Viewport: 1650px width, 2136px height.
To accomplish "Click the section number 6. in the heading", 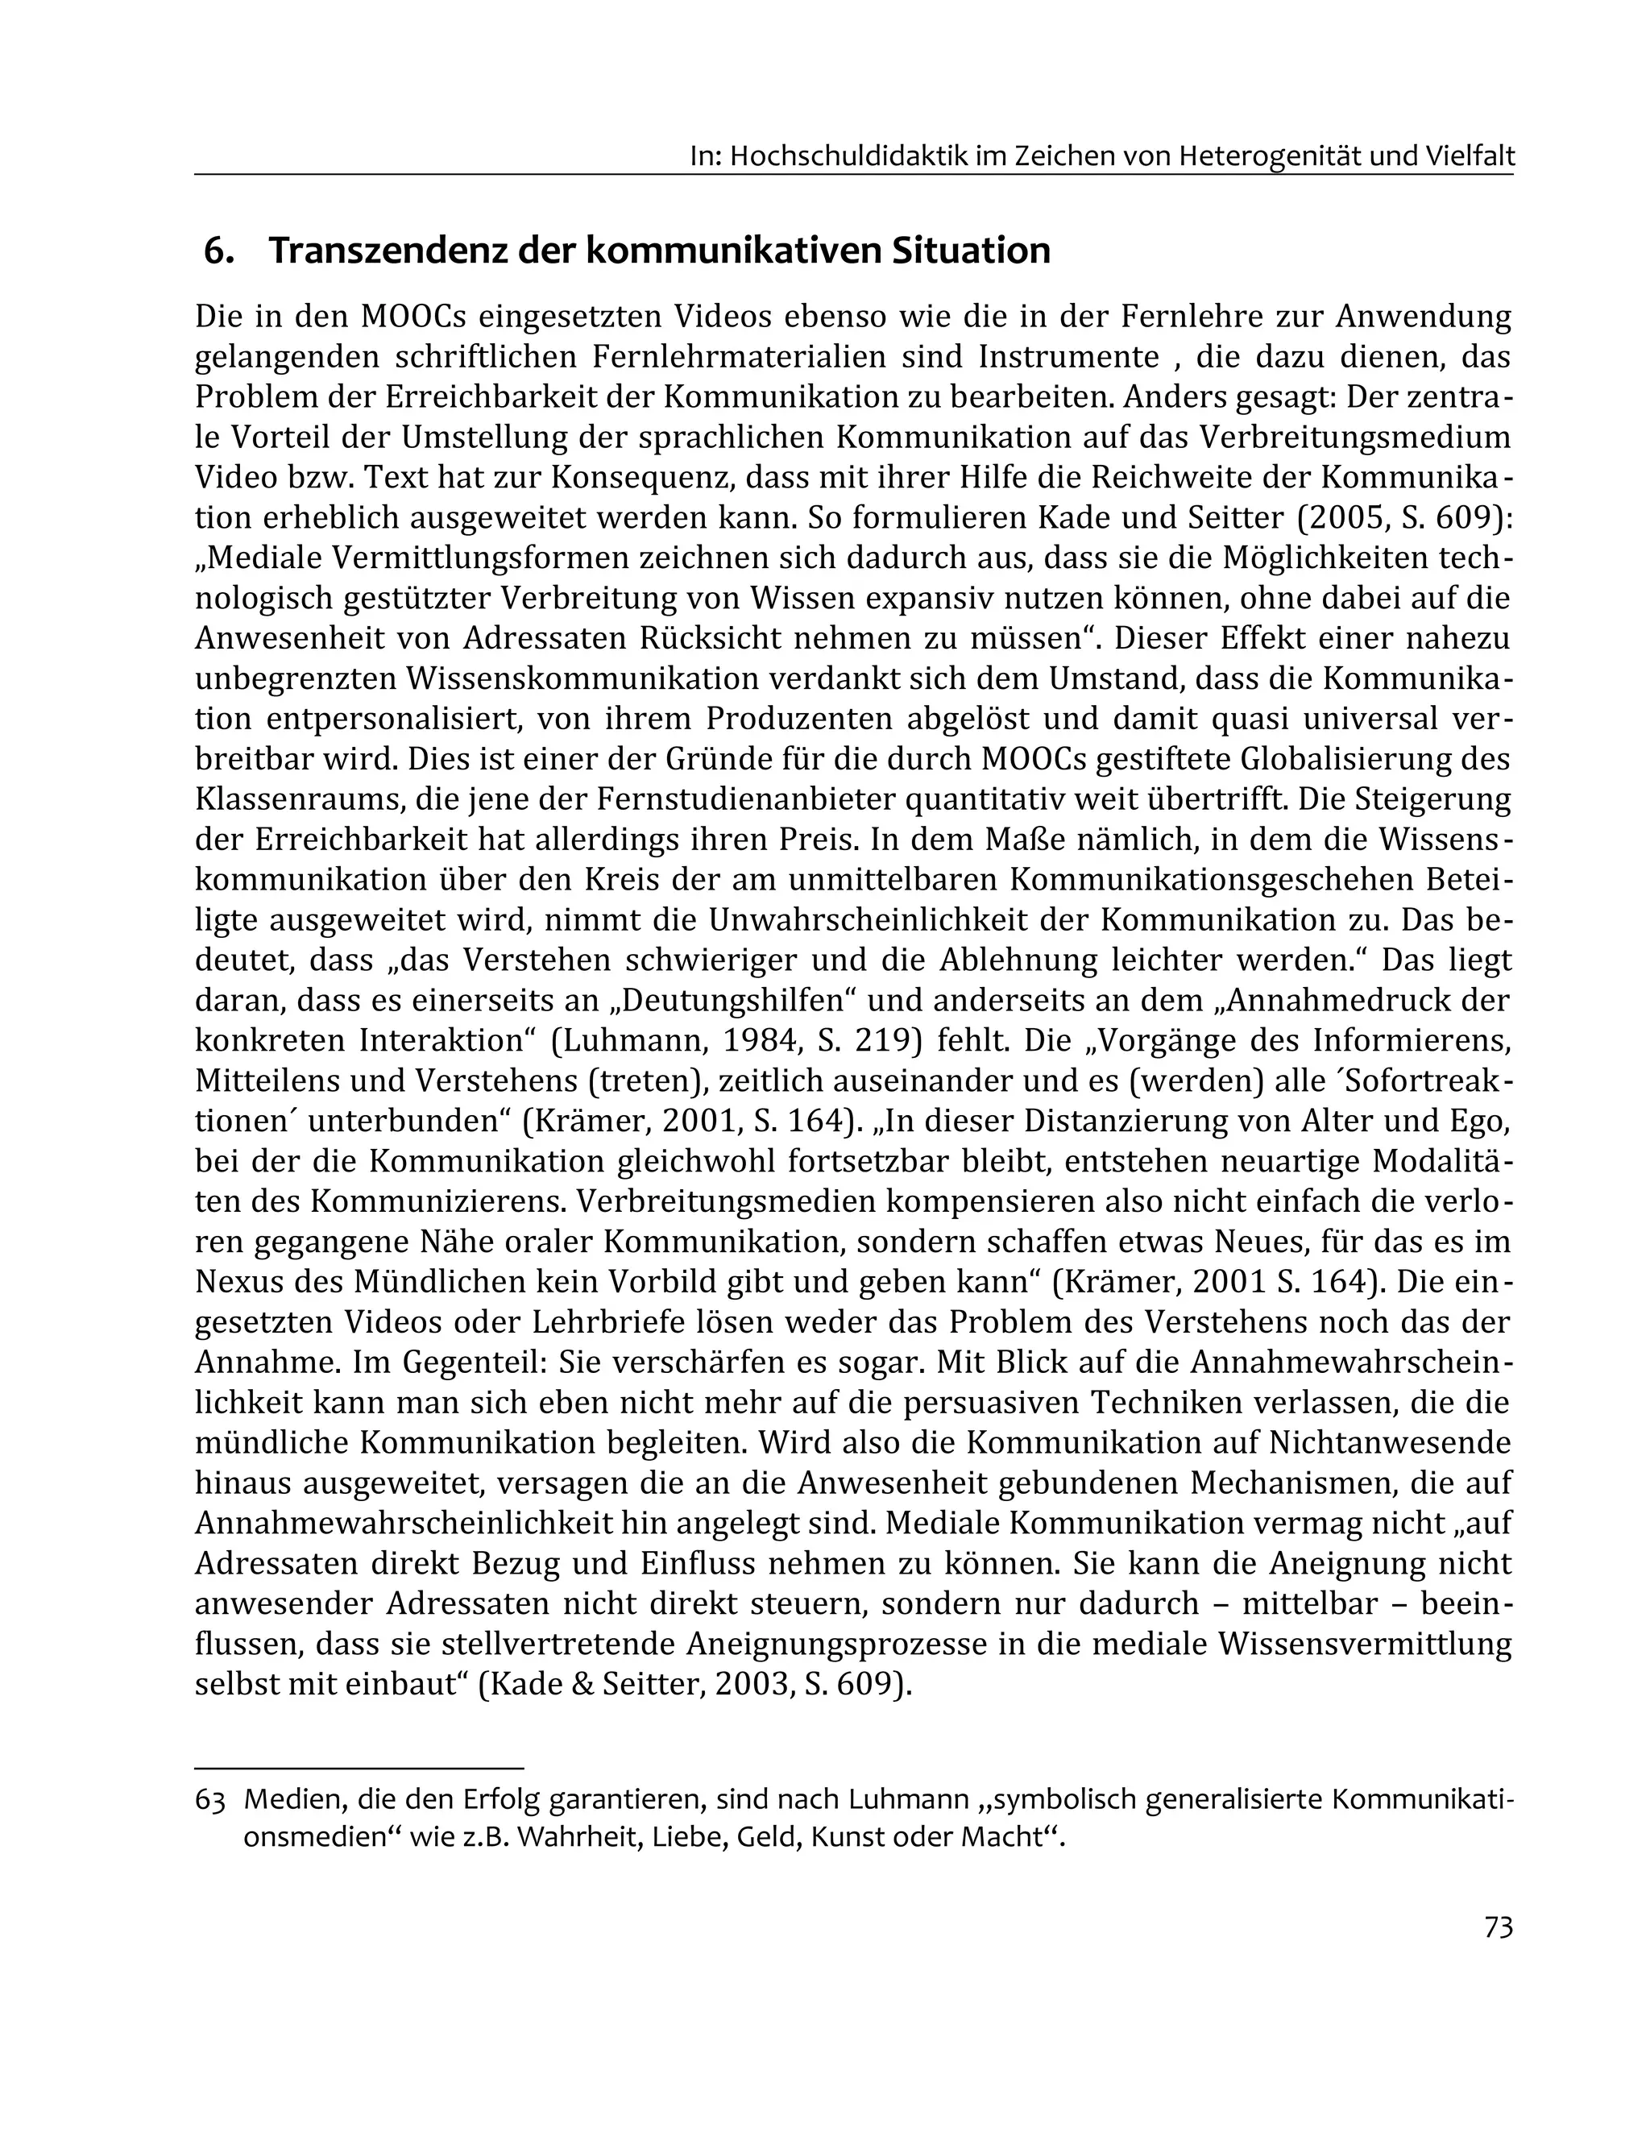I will pyautogui.click(x=218, y=251).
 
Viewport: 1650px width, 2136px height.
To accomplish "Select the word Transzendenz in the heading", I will pyautogui.click(x=388, y=251).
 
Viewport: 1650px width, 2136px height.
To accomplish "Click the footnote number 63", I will pyautogui.click(x=209, y=1798).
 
